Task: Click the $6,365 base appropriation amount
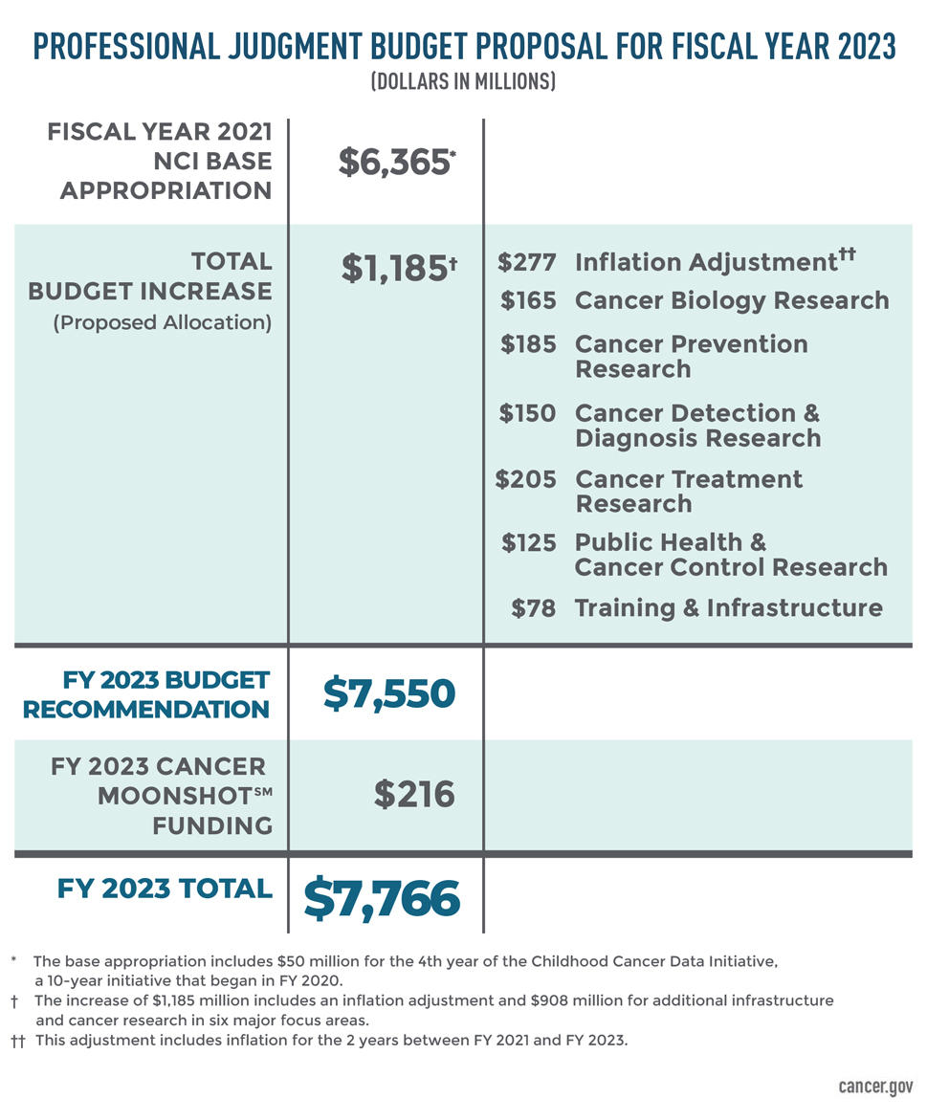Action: click(x=393, y=163)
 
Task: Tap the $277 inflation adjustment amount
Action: click(x=526, y=263)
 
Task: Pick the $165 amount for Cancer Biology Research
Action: click(x=527, y=300)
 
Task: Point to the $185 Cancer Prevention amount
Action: click(x=527, y=344)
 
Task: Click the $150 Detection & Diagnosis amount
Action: click(x=527, y=413)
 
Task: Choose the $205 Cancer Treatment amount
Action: click(x=525, y=479)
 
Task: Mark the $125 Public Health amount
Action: click(x=528, y=542)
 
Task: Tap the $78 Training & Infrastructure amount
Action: click(x=533, y=607)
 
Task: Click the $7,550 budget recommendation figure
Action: click(x=388, y=692)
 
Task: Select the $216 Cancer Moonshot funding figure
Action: click(x=413, y=794)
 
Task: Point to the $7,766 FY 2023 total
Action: click(x=382, y=898)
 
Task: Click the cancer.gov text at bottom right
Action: click(x=874, y=1087)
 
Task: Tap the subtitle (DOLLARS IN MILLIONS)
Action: click(x=463, y=81)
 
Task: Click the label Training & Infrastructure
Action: click(x=728, y=607)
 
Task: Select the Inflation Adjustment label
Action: click(x=706, y=263)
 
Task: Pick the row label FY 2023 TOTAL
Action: click(x=165, y=889)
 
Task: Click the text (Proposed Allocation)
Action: click(x=162, y=322)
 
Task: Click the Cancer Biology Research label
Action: click(x=732, y=300)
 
